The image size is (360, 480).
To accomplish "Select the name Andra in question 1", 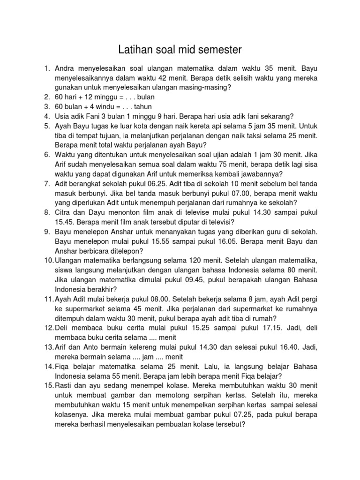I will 67,68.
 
